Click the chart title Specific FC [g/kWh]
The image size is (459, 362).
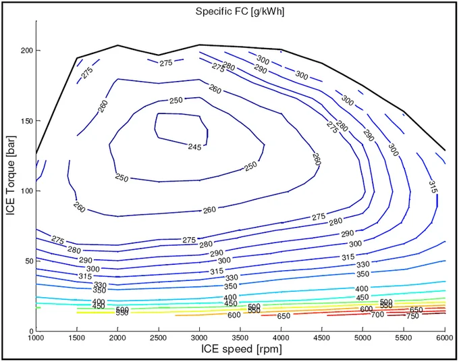click(240, 11)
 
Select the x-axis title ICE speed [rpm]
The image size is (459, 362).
click(240, 349)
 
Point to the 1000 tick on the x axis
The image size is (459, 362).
click(36, 338)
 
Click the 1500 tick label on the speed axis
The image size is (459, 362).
click(77, 338)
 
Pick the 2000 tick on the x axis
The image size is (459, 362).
click(118, 338)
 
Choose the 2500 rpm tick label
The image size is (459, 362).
click(159, 338)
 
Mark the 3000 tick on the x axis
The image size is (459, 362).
click(200, 338)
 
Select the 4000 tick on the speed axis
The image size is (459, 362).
click(281, 338)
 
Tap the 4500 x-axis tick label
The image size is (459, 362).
click(322, 338)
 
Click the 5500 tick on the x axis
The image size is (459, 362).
click(404, 338)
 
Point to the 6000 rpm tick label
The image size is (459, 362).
click(443, 338)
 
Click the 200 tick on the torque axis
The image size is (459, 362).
click(26, 51)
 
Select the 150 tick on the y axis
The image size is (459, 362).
click(26, 121)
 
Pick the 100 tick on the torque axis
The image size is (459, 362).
click(26, 191)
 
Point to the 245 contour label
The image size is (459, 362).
click(194, 147)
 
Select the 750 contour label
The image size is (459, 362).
click(412, 315)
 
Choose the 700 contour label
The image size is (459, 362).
click(377, 315)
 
